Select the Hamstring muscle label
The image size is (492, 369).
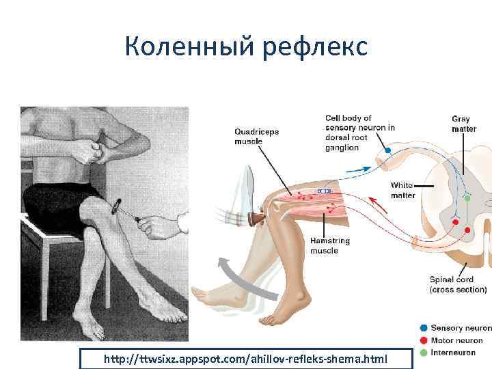pos(329,246)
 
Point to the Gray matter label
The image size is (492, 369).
pos(464,124)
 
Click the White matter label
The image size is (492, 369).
pos(402,191)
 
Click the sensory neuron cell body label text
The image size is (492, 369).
pos(359,133)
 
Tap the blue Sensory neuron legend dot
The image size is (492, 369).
pos(424,329)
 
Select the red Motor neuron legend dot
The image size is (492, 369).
pos(424,340)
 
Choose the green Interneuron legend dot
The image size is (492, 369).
pos(424,352)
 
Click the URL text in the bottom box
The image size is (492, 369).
pos(245,359)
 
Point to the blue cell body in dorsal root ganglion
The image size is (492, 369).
pos(387,150)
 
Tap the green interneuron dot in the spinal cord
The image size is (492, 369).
pos(468,197)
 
